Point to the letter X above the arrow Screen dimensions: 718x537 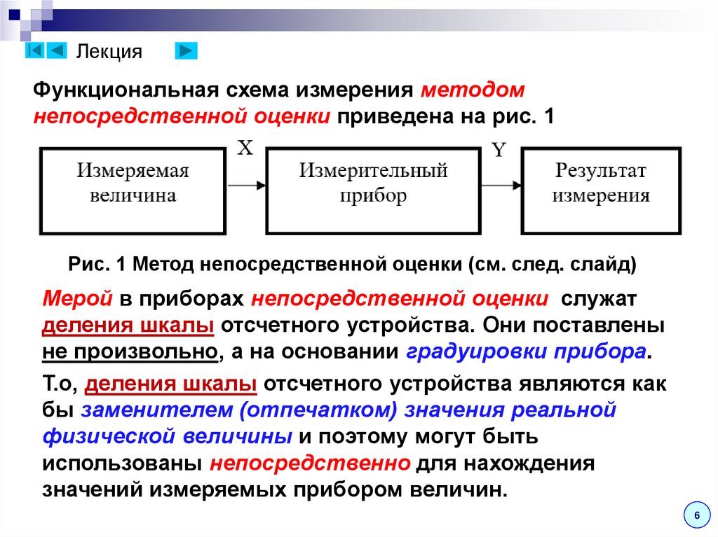pyautogui.click(x=245, y=148)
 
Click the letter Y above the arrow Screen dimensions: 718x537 pyautogui.click(x=499, y=150)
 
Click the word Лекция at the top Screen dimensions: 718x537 pyautogui.click(x=109, y=52)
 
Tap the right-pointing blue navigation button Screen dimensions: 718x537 pyautogui.click(x=186, y=50)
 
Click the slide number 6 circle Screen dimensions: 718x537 pyautogui.click(x=696, y=515)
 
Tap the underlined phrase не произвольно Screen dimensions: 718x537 pyautogui.click(x=128, y=351)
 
